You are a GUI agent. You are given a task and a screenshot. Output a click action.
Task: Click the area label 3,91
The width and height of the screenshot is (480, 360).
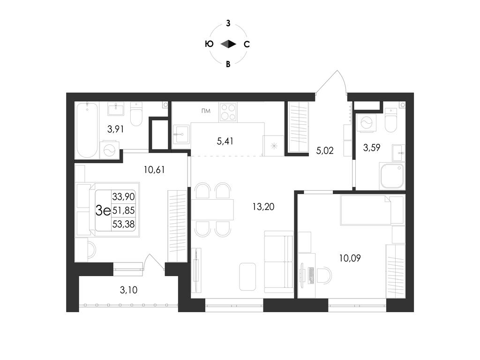click(x=115, y=129)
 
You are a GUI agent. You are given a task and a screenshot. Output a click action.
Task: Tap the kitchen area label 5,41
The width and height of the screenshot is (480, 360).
click(x=225, y=140)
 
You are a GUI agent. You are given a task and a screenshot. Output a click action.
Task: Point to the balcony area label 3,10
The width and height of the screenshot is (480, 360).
click(x=128, y=290)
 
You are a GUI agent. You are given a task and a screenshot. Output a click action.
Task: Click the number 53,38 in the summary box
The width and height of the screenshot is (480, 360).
click(x=123, y=224)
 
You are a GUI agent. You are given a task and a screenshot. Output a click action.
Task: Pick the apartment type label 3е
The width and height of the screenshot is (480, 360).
click(x=103, y=210)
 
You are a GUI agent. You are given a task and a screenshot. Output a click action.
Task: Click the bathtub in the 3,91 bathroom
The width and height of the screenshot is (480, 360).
click(x=86, y=129)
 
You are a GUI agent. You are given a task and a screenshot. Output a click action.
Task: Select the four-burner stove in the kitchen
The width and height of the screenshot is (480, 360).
click(x=228, y=112)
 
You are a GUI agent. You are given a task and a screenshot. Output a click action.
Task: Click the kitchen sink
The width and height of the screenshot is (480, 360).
click(x=180, y=137)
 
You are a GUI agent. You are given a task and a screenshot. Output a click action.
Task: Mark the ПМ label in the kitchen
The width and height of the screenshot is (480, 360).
click(x=205, y=111)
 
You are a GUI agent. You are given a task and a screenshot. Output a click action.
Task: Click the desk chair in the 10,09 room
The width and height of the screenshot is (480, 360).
click(x=324, y=275)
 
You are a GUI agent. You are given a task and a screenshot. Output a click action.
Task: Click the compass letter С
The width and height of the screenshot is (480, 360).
click(x=247, y=45)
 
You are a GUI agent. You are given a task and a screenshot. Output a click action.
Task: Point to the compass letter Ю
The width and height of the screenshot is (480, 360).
click(x=210, y=45)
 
